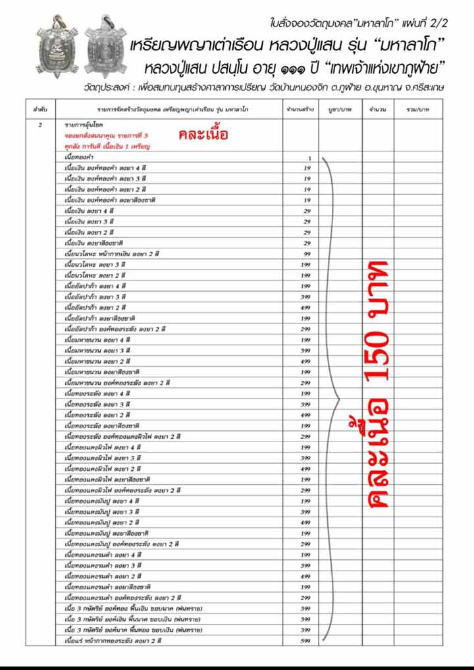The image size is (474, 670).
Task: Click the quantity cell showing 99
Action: point(307,254)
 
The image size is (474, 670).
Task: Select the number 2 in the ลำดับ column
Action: point(41,123)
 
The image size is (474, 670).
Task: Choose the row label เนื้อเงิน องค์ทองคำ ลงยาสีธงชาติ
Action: point(109,200)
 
